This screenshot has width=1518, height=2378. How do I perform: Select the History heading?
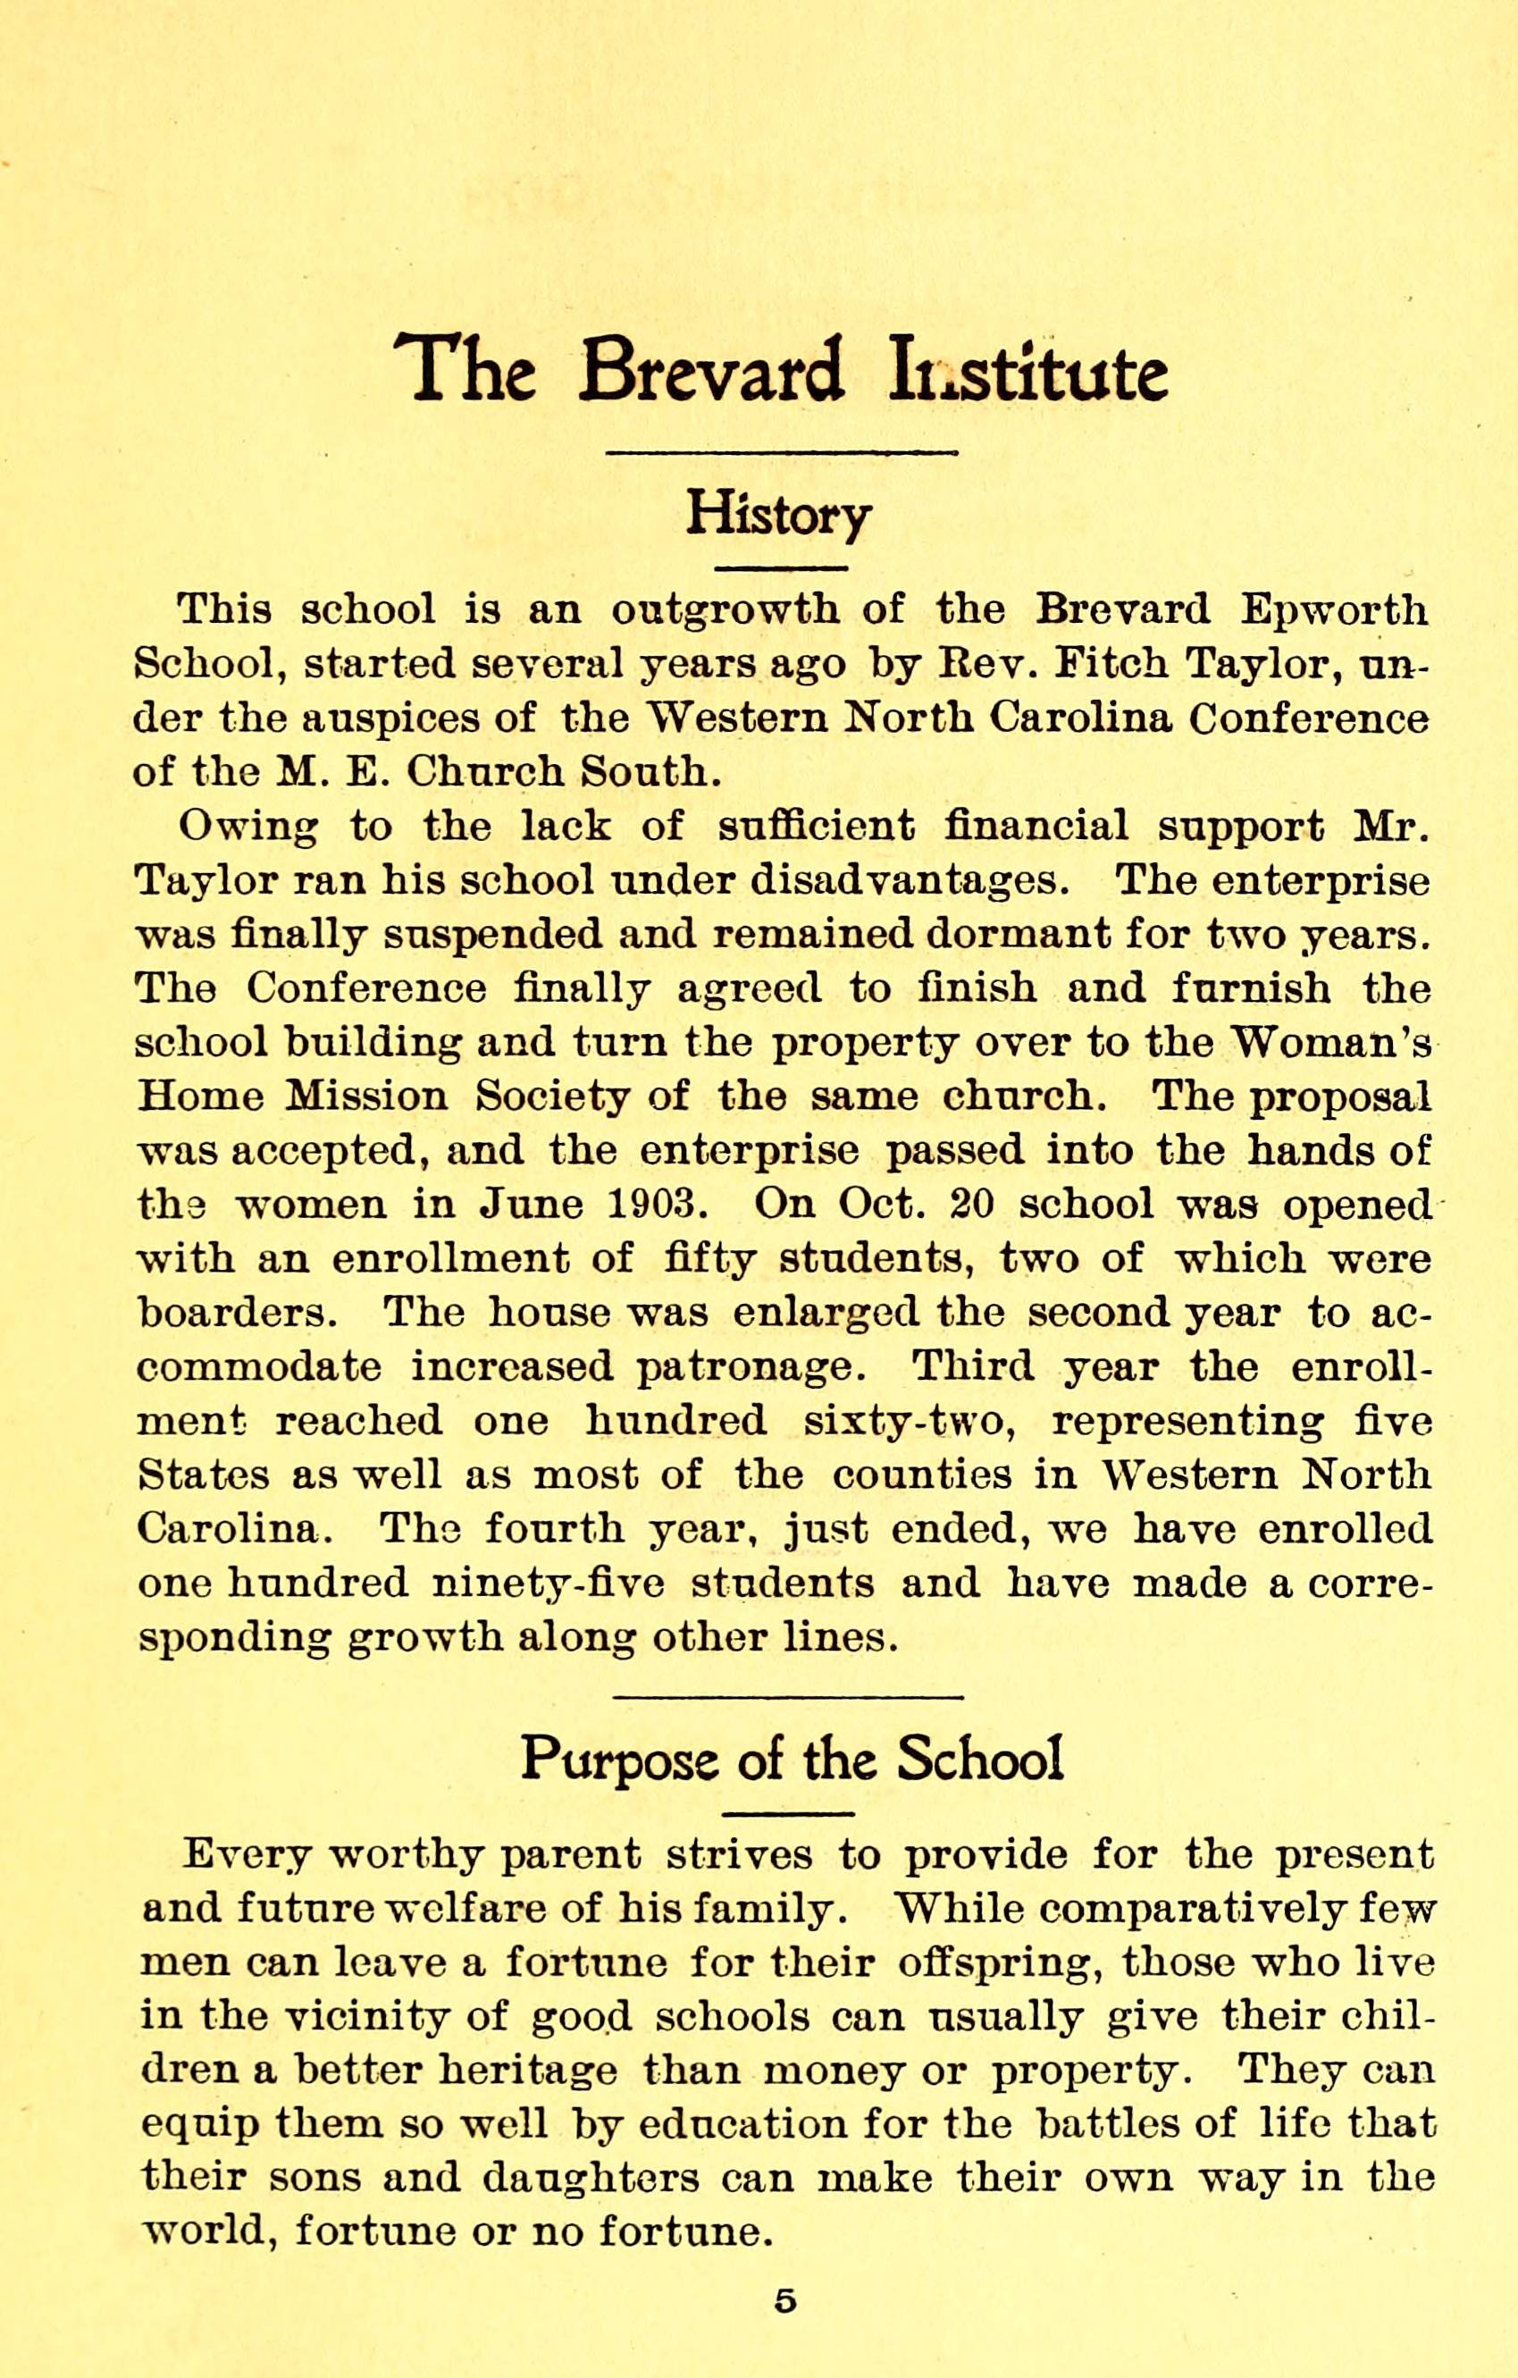point(779,515)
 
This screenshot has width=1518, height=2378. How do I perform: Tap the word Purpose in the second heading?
point(621,1757)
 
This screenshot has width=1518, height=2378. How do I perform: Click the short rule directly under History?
point(779,567)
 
